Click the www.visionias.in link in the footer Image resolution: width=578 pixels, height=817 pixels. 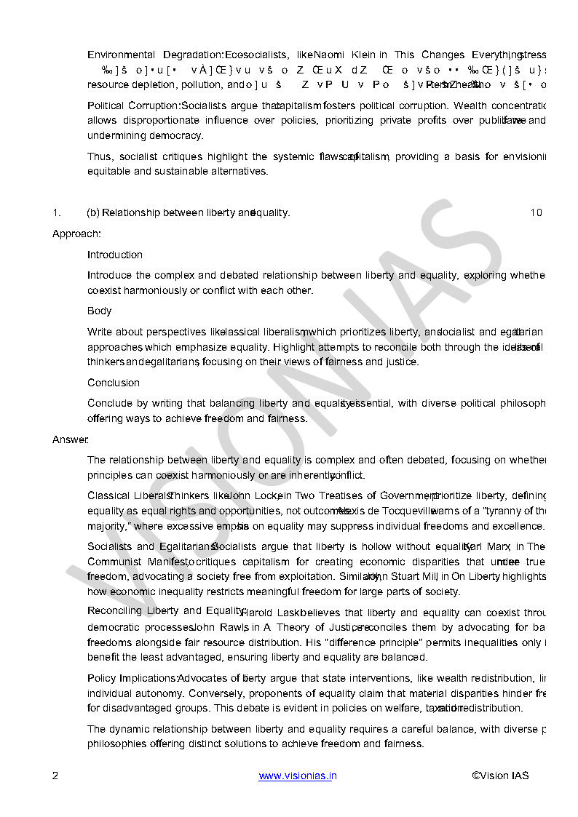point(298,776)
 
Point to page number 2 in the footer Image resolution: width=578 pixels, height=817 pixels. point(55,776)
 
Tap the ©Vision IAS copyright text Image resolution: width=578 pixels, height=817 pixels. point(500,776)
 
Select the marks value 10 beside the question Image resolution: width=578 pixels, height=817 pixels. point(536,212)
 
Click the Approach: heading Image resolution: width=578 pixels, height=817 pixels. point(76,234)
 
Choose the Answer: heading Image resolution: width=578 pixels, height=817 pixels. point(70,439)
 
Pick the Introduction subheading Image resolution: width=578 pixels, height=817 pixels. point(115,255)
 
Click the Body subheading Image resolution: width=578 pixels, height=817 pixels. point(100,311)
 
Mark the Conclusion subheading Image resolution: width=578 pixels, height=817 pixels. point(114,383)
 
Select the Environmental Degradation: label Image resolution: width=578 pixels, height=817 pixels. point(155,55)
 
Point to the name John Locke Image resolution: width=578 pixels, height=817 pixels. point(255,495)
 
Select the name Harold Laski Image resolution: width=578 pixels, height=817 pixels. point(271,613)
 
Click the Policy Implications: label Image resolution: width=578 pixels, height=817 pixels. point(132,678)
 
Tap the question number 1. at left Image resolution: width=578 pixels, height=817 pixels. point(56,212)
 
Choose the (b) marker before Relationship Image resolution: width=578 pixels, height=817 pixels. point(93,212)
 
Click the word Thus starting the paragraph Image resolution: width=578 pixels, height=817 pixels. point(100,156)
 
